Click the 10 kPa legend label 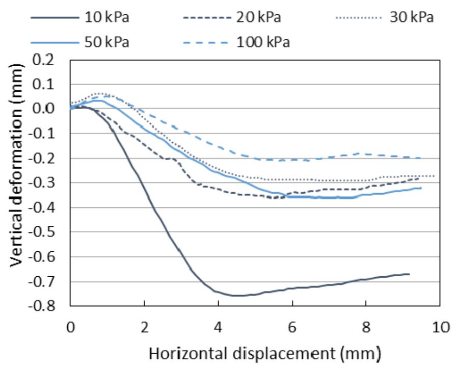(106, 17)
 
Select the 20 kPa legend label (258, 17)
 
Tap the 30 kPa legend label (411, 17)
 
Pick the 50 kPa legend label (106, 42)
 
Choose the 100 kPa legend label (263, 42)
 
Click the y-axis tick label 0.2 (43, 60)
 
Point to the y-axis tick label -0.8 (41, 306)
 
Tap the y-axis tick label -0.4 (41, 207)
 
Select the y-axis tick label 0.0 (43, 109)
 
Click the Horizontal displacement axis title (264, 354)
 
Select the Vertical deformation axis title (16, 165)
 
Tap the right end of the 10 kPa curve (409, 274)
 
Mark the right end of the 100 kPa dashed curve (420, 158)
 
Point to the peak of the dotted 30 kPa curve (100, 93)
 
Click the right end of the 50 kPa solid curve (421, 188)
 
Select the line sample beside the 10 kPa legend (55, 18)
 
